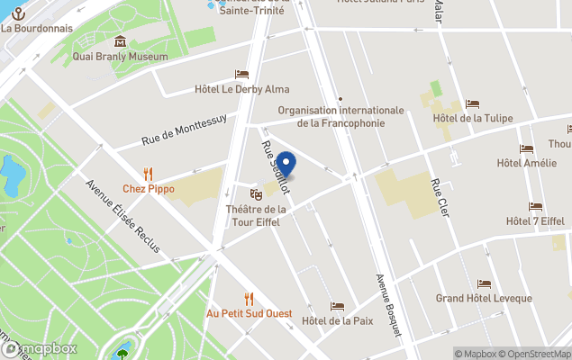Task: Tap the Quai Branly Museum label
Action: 120,57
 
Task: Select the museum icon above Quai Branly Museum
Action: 120,41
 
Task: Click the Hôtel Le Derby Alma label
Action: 241,89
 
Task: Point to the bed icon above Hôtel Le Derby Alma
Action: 241,74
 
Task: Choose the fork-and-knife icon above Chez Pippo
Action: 149,174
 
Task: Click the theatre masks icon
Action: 256,193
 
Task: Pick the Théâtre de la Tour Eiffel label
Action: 256,215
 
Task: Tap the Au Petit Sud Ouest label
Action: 249,313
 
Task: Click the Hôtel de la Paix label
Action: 337,321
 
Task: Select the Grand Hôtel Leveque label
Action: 484,298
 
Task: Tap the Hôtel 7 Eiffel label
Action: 535,221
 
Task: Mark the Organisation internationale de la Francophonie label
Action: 340,117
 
